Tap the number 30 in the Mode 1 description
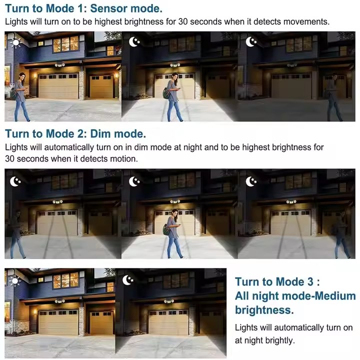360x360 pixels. pyautogui.click(x=183, y=21)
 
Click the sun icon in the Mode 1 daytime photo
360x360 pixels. pyautogui.click(x=16, y=42)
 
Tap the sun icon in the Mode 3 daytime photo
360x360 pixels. pyautogui.click(x=15, y=280)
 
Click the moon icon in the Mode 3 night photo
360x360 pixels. pyautogui.click(x=128, y=280)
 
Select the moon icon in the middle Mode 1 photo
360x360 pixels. pyautogui.click(x=134, y=41)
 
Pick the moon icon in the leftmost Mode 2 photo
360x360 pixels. pyautogui.click(x=15, y=181)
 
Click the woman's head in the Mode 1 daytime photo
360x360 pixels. pyautogui.click(x=22, y=76)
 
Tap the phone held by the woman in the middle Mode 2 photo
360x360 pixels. pyautogui.click(x=179, y=225)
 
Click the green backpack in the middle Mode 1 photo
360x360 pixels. pyautogui.click(x=166, y=93)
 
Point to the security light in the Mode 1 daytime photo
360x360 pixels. pyautogui.click(x=59, y=65)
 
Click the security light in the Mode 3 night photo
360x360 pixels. pyautogui.click(x=169, y=301)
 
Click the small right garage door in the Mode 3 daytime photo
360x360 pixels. pyautogui.click(x=101, y=322)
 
